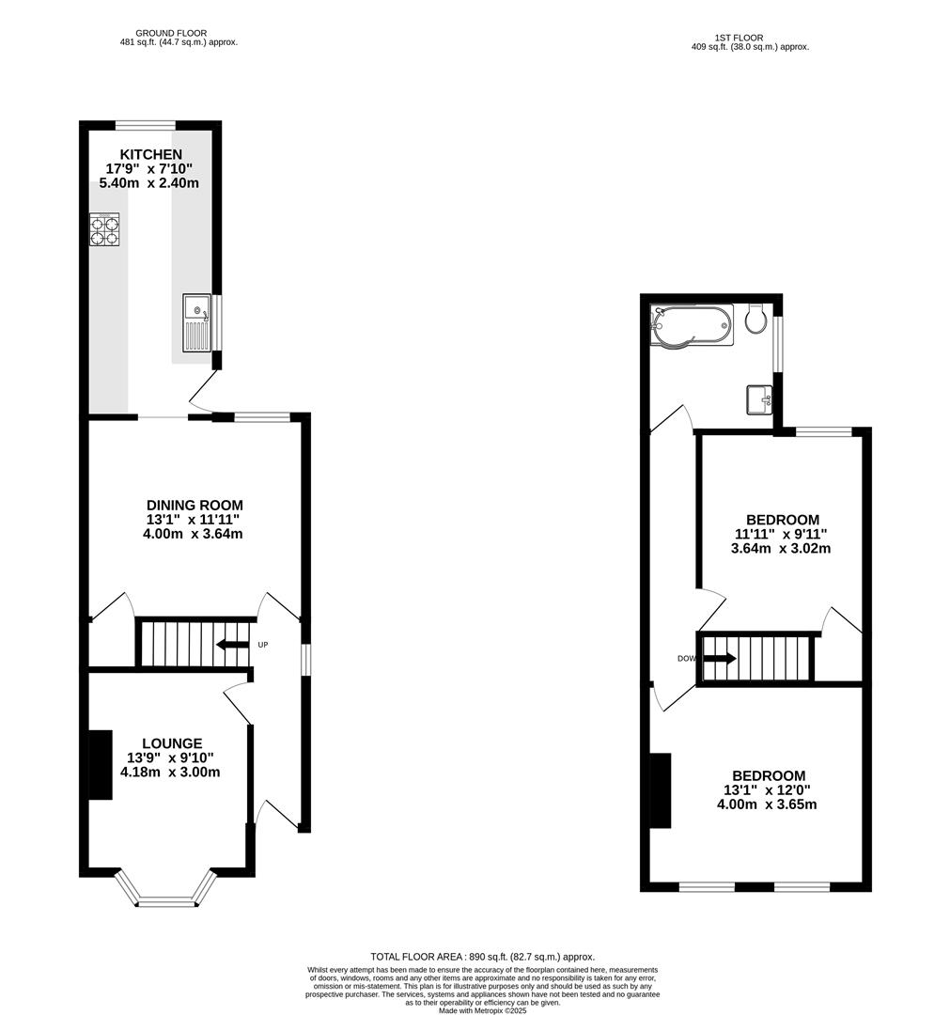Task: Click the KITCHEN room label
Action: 150,154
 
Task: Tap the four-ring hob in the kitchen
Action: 104,230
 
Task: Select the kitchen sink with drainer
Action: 196,322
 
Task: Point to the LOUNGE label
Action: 172,743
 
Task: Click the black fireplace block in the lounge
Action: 100,765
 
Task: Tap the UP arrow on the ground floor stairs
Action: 228,645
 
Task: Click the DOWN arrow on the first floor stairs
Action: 719,659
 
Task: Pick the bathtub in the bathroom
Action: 692,325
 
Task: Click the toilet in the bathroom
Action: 755,320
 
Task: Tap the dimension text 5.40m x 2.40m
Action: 150,183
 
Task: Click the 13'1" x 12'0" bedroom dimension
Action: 767,790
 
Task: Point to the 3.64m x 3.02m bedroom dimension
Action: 781,549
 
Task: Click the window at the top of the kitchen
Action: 145,125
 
